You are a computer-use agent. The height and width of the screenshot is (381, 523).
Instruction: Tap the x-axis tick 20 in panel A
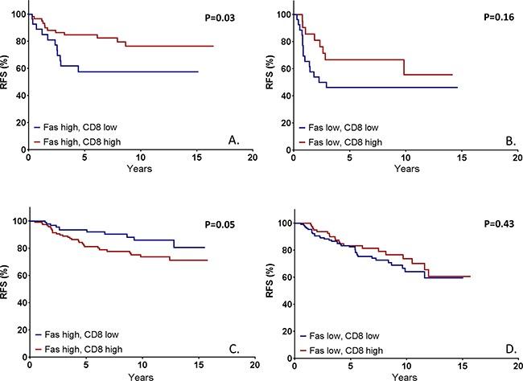click(252, 158)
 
